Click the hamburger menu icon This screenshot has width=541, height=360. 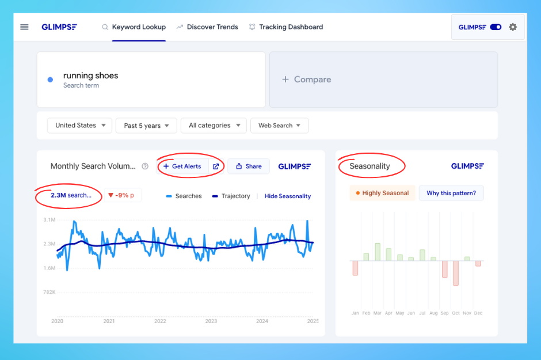[24, 27]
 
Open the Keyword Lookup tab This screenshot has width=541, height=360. [139, 27]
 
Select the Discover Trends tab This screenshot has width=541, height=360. [212, 27]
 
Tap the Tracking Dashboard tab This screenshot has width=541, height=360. [291, 27]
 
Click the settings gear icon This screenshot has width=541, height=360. [513, 27]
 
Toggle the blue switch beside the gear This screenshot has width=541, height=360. [496, 27]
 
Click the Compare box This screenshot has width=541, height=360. [383, 79]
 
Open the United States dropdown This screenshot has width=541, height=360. [80, 126]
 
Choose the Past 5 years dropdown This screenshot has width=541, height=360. [146, 126]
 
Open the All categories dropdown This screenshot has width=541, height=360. [214, 126]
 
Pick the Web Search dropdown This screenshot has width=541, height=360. [279, 126]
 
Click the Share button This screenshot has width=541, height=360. [249, 166]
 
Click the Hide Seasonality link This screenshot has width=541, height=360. [288, 196]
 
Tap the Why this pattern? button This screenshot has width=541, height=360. [451, 194]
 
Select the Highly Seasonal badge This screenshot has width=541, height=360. [382, 194]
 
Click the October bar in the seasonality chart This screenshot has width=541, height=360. [456, 273]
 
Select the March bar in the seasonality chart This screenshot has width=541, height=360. [378, 252]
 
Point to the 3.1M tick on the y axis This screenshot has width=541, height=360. [49, 220]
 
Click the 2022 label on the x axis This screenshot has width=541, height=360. [160, 321]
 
